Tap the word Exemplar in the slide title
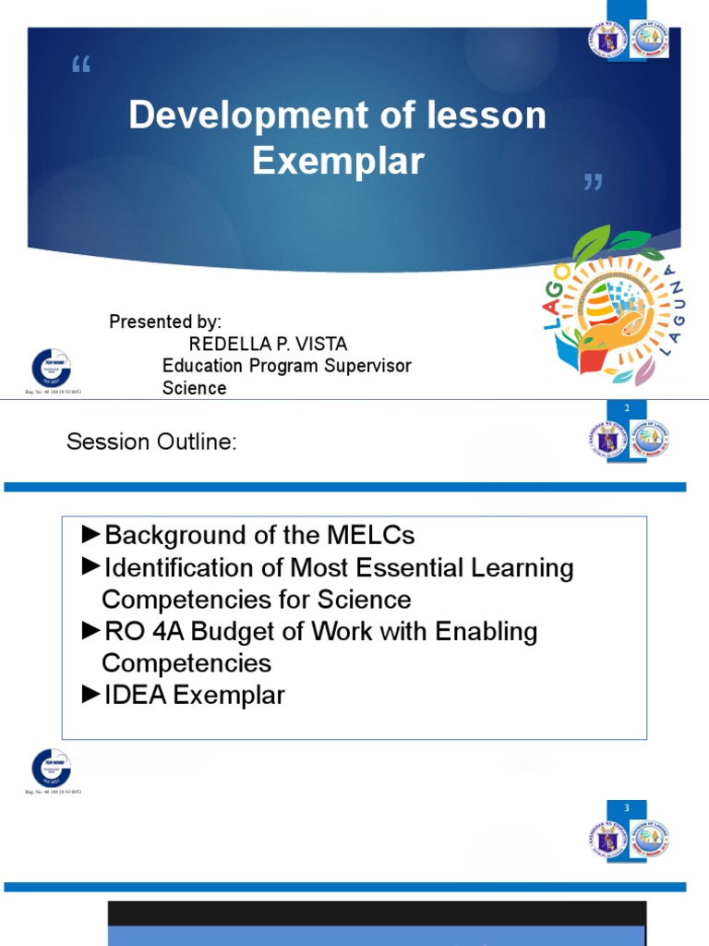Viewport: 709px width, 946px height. pos(338,161)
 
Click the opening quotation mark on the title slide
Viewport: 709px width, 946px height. pos(81,66)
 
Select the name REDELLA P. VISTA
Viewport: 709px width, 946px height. pos(268,345)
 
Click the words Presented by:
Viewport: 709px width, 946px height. pos(165,322)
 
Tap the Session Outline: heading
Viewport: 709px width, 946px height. pos(151,443)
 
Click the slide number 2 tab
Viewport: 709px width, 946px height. pos(627,407)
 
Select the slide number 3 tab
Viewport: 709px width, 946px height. pos(627,809)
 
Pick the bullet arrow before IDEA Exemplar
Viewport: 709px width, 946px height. pos(90,695)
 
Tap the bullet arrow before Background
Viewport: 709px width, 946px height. pos(90,534)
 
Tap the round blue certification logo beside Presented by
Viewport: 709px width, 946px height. pos(51,368)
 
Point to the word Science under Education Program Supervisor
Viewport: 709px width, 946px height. pos(194,388)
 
